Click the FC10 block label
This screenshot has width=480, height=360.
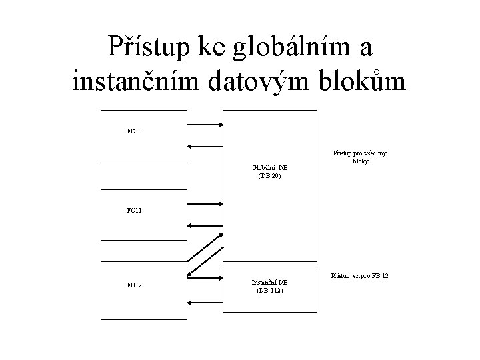click(x=134, y=131)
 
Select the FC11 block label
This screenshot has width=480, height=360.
click(x=134, y=211)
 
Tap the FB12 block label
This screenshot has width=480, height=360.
click(x=134, y=285)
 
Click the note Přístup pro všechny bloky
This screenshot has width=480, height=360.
click(x=360, y=157)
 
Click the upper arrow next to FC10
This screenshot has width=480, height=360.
click(x=205, y=123)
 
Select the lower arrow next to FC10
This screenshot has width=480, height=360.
click(x=205, y=147)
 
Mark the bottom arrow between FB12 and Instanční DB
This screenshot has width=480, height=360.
click(x=205, y=302)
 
